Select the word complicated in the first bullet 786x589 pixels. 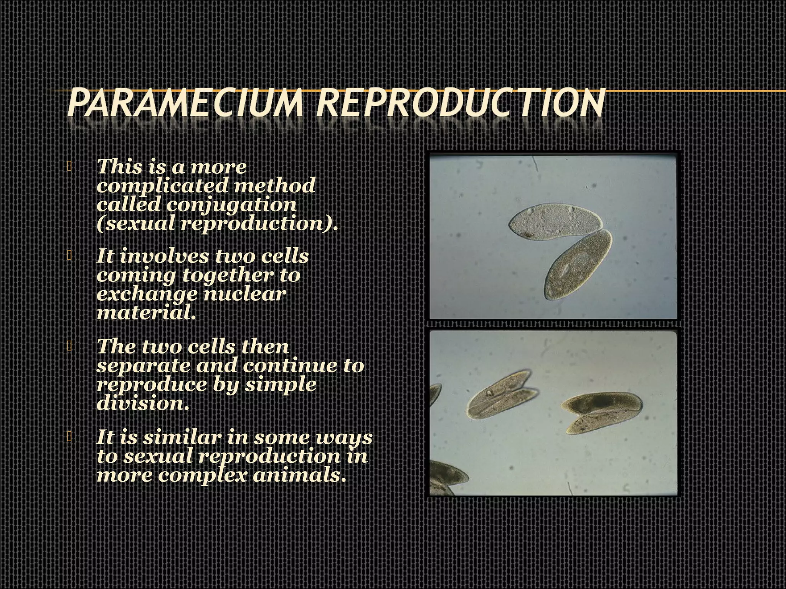coord(162,186)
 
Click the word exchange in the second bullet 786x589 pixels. coord(147,294)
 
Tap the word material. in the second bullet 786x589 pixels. coord(146,313)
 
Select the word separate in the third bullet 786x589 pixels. coord(143,365)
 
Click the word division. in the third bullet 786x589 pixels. coord(143,403)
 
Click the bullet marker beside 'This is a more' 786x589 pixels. coord(69,166)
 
